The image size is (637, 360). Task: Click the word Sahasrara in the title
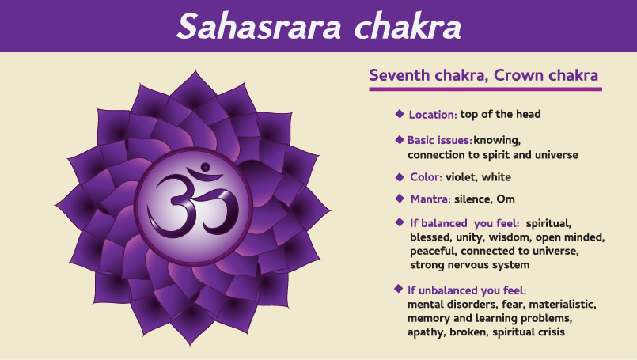(260, 26)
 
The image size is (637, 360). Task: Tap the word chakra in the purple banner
(408, 26)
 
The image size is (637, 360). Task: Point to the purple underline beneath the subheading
(486, 89)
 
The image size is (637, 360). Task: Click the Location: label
(433, 115)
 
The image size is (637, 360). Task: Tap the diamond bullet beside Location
(400, 114)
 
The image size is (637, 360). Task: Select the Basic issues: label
(439, 140)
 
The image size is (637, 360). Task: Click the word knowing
(497, 141)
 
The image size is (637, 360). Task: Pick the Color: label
(427, 177)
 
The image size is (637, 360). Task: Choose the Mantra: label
(430, 199)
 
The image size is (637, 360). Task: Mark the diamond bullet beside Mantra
(400, 199)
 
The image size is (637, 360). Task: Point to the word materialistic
(563, 305)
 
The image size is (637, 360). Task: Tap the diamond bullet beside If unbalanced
(399, 289)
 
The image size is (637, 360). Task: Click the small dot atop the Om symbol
(205, 167)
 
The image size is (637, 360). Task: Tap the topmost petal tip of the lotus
(195, 70)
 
